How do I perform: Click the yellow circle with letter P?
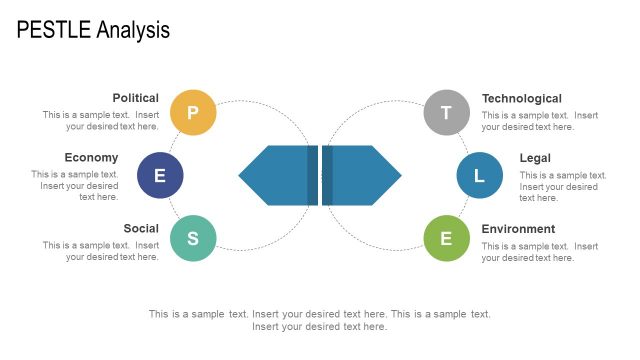[x=193, y=112]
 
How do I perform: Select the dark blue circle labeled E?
[x=160, y=176]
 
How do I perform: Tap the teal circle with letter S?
[x=193, y=238]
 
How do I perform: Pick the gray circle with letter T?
[x=446, y=112]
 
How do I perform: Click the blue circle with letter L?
[x=479, y=176]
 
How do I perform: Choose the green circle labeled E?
[x=446, y=238]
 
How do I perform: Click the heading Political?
[x=135, y=98]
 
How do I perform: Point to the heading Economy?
[x=91, y=157]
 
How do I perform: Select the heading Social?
[x=141, y=228]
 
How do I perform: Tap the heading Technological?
[x=521, y=98]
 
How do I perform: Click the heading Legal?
[x=535, y=157]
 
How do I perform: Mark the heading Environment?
[x=518, y=228]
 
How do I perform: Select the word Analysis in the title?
[x=133, y=31]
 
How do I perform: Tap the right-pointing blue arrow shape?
[x=362, y=176]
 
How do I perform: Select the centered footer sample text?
[x=320, y=320]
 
